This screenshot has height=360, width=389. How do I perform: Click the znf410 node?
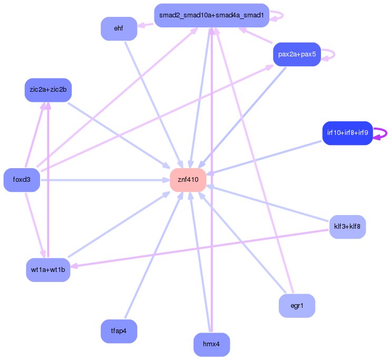tap(188, 180)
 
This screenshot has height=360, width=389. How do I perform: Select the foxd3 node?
tap(22, 180)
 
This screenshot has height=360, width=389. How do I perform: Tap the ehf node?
tap(119, 28)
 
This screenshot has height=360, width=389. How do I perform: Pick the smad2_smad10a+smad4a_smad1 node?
tap(211, 15)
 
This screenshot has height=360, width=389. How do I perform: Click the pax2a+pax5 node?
tap(297, 54)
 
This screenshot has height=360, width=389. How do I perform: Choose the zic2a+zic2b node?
tap(48, 90)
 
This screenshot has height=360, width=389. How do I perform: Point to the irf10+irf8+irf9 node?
tap(347, 133)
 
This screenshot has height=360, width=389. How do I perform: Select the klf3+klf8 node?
tap(347, 227)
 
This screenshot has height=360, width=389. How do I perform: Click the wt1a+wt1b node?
tap(48, 270)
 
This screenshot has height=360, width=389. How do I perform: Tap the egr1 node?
tap(297, 306)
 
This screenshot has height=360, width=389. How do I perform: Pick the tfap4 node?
tap(119, 332)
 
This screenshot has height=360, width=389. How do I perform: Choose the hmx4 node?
tap(211, 345)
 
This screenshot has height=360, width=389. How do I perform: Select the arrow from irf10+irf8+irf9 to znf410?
tap(264, 156)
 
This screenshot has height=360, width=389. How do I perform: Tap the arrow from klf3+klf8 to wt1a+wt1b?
tap(200, 248)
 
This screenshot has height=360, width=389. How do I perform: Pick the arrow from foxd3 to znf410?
tap(105, 180)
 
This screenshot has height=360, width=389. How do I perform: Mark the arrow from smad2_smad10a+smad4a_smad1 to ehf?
tap(146, 24)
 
